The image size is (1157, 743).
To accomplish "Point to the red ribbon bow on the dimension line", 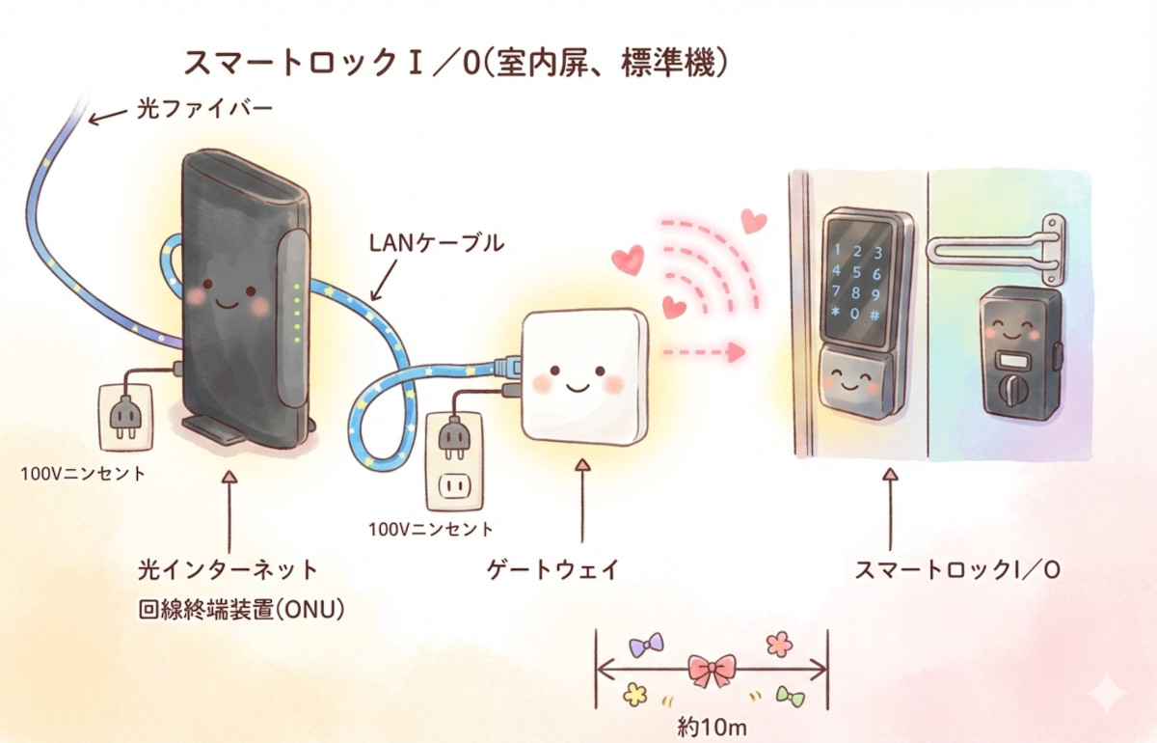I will click(x=713, y=669).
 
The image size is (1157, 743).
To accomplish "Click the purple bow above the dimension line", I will click(x=645, y=644).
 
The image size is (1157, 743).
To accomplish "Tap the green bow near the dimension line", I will click(x=790, y=696).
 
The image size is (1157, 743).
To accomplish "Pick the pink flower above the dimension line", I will click(x=779, y=642).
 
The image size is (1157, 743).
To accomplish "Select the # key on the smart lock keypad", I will click(x=874, y=315).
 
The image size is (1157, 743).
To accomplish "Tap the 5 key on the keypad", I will click(x=856, y=272).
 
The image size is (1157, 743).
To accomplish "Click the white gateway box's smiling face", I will click(x=576, y=377).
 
